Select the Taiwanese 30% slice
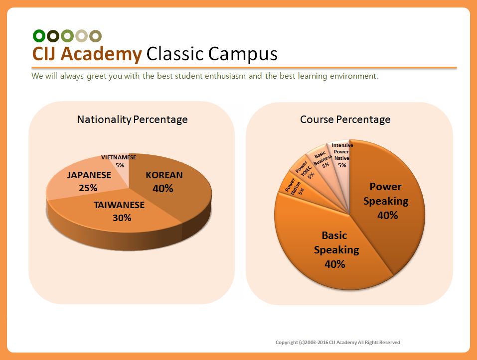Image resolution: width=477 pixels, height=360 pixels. tap(119, 213)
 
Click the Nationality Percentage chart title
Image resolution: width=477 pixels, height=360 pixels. tap(132, 120)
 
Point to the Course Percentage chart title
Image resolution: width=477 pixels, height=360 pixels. tap(345, 120)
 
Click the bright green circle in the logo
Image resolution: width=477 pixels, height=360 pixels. tap(39, 36)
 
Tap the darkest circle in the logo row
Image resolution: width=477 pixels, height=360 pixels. tap(53, 36)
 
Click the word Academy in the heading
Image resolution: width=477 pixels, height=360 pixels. tap(101, 54)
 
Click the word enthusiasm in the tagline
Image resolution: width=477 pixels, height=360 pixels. tap(225, 76)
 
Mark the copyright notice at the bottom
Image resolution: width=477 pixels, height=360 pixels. tap(337, 343)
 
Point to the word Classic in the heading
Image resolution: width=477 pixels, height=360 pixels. tap(175, 53)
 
